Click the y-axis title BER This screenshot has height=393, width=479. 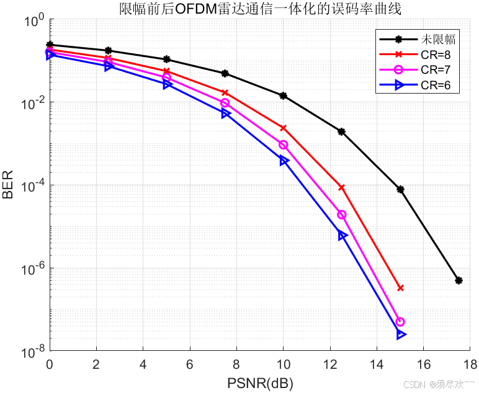tap(8, 186)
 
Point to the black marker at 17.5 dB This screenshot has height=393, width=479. tap(459, 280)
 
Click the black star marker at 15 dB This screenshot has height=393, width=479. tap(401, 189)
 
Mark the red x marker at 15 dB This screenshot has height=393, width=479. tap(401, 288)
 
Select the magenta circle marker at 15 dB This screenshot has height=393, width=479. tap(400, 322)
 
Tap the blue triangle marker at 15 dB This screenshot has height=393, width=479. tap(401, 335)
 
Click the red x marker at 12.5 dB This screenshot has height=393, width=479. tap(342, 187)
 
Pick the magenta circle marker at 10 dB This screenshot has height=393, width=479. tap(284, 144)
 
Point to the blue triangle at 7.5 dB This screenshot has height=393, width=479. tap(225, 113)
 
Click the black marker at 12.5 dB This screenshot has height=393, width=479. tap(342, 131)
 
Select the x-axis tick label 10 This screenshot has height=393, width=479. tap(284, 364)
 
